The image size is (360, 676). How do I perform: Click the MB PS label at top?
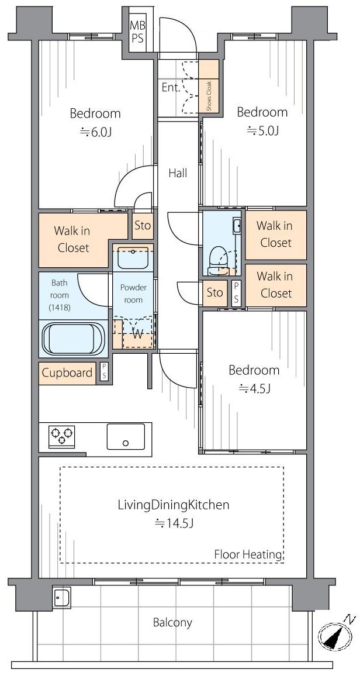click(137, 32)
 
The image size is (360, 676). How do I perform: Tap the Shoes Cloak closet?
click(209, 86)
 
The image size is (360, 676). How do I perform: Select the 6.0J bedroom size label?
click(96, 132)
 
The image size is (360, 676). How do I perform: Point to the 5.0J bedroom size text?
click(262, 130)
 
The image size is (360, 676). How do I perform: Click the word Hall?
click(178, 173)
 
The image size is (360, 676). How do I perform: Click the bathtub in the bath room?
click(74, 339)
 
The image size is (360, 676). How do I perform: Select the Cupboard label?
click(67, 373)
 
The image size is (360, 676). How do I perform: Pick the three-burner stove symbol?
click(61, 436)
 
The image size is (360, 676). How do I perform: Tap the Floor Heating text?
click(248, 554)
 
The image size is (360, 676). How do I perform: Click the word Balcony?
click(172, 622)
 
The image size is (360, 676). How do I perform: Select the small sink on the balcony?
click(61, 598)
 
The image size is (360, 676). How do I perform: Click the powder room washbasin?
click(133, 258)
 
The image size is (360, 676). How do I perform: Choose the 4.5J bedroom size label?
click(254, 388)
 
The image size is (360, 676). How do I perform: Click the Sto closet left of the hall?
click(143, 226)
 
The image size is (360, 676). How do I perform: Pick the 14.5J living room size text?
click(174, 523)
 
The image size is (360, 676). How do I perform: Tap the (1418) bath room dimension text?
click(60, 308)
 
